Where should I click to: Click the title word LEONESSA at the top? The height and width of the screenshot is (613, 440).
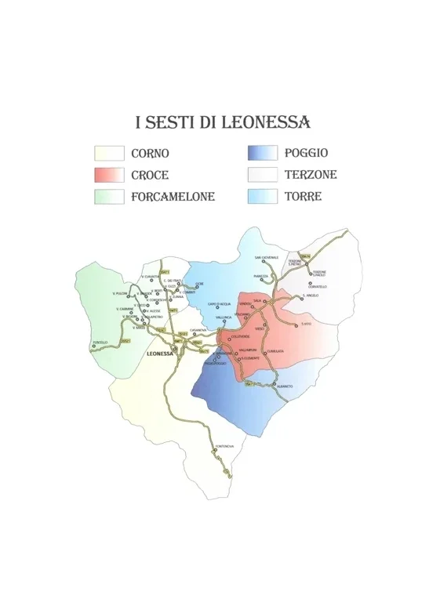click(266, 122)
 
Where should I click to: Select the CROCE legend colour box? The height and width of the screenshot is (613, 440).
click(109, 175)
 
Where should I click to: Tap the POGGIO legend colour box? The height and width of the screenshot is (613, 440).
click(262, 153)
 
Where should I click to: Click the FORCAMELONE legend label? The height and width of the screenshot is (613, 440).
click(173, 197)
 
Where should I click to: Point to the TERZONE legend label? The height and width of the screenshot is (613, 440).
click(311, 175)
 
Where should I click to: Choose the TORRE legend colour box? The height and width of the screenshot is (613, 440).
click(262, 197)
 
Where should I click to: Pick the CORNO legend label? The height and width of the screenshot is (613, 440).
click(150, 154)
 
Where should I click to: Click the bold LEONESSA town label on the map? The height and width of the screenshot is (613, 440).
click(159, 354)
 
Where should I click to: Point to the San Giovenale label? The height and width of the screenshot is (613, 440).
click(266, 257)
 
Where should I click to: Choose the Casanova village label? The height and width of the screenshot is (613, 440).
click(198, 330)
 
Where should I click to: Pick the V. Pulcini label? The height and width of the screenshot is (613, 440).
click(120, 293)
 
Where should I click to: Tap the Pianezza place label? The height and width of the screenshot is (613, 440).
click(260, 276)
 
